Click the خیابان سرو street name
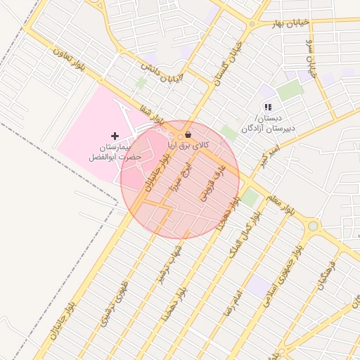tap(309, 57)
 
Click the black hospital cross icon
tap(115, 135)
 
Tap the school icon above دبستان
tap(267, 108)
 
